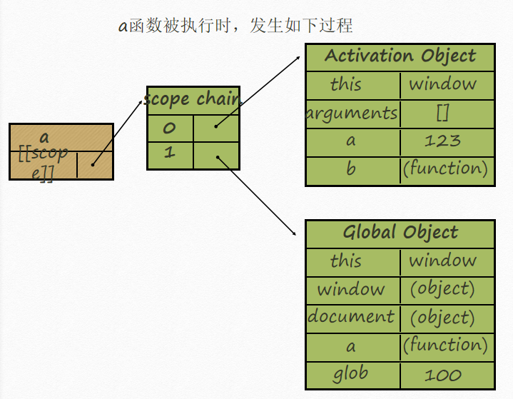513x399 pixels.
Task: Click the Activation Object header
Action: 400,56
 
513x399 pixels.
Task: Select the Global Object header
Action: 400,233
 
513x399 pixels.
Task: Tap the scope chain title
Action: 193,99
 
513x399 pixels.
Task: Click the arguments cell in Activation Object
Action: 351,113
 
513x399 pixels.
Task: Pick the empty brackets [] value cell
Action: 442,113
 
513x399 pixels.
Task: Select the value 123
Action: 442,141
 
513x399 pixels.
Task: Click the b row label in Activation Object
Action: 351,169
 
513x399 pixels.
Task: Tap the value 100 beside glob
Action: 442,375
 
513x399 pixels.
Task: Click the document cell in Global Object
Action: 351,317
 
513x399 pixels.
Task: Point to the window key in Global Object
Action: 351,289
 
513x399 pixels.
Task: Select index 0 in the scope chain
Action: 169,128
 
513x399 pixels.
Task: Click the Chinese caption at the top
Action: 235,26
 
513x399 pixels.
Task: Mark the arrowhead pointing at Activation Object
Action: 298,58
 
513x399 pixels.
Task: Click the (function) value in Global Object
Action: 445,345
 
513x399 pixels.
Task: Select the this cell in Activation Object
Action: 346,84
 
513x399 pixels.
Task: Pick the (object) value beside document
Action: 442,317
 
